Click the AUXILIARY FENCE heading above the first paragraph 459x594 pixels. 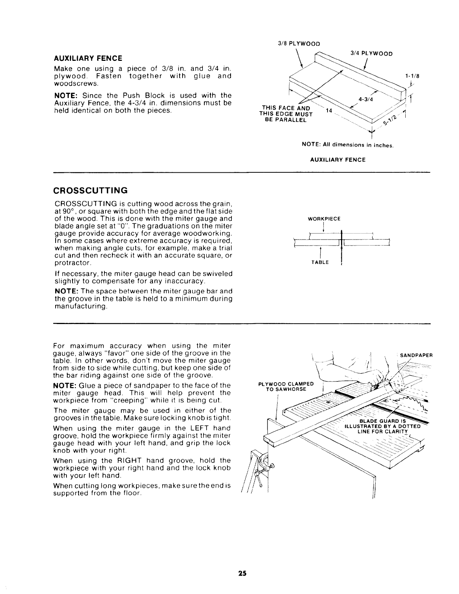coord(88,59)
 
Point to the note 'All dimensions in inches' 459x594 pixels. coord(347,145)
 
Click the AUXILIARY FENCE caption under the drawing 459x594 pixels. coord(338,160)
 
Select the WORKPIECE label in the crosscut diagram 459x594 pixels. coord(324,219)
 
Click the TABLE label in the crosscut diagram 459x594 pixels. coord(320,262)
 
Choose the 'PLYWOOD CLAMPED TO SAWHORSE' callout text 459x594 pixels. coord(286,386)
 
